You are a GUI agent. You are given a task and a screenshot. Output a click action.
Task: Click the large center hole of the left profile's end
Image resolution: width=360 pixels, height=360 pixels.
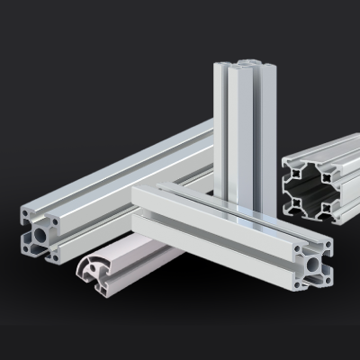(41, 236)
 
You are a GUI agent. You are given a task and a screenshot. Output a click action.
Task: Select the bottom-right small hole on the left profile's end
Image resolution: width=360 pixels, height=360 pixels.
(57, 255)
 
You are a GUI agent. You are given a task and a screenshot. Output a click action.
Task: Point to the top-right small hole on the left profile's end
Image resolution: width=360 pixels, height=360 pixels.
(55, 221)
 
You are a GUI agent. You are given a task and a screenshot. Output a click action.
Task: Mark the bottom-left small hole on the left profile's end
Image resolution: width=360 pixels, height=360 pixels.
(27, 251)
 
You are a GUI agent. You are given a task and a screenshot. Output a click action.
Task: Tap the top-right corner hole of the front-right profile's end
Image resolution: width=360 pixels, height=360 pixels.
(327, 244)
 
